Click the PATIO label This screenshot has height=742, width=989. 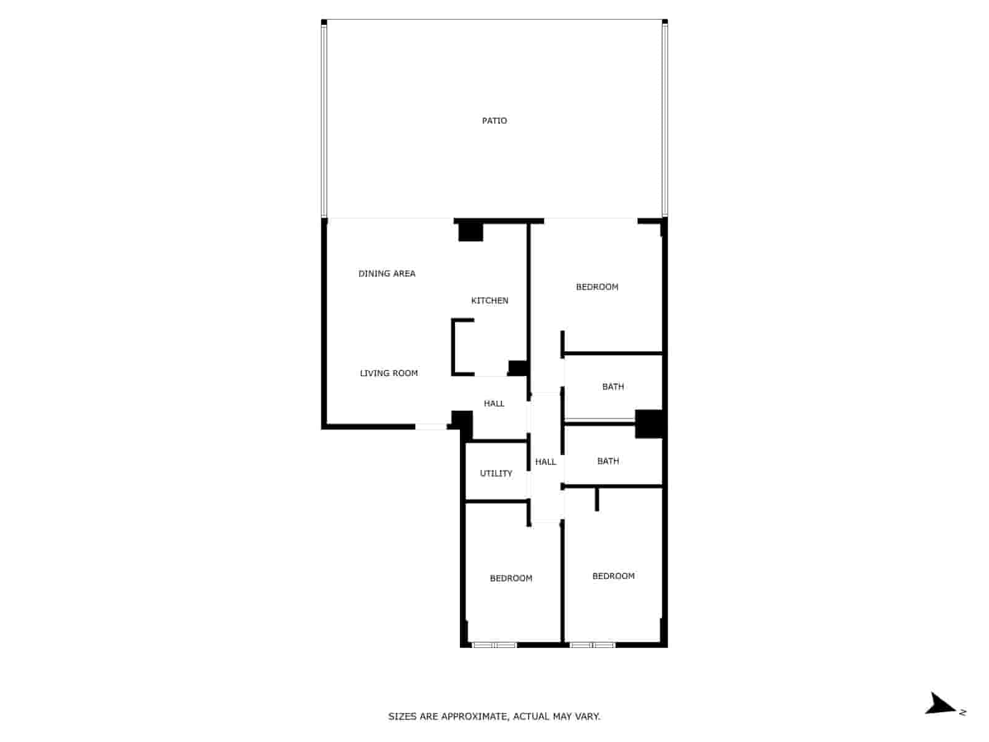click(x=494, y=121)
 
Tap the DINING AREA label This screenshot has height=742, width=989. click(x=387, y=273)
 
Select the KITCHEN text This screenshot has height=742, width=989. click(x=490, y=301)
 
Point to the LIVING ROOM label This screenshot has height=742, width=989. click(x=389, y=373)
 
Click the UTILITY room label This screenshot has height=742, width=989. click(x=496, y=473)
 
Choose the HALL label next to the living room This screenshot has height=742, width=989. click(x=494, y=403)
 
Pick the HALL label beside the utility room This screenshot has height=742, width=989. click(x=545, y=462)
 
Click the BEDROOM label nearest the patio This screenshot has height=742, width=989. click(x=597, y=287)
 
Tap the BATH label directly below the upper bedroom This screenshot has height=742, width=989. click(x=613, y=386)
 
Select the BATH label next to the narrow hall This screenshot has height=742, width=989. click(x=608, y=461)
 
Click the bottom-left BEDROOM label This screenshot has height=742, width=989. click(x=511, y=578)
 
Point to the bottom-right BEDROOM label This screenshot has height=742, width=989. click(x=613, y=576)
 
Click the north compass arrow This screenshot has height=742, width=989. click(x=941, y=704)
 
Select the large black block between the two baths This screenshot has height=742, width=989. click(x=648, y=424)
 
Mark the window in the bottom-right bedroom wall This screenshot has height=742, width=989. click(x=592, y=645)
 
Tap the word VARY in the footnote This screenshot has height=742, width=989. click(x=587, y=717)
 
